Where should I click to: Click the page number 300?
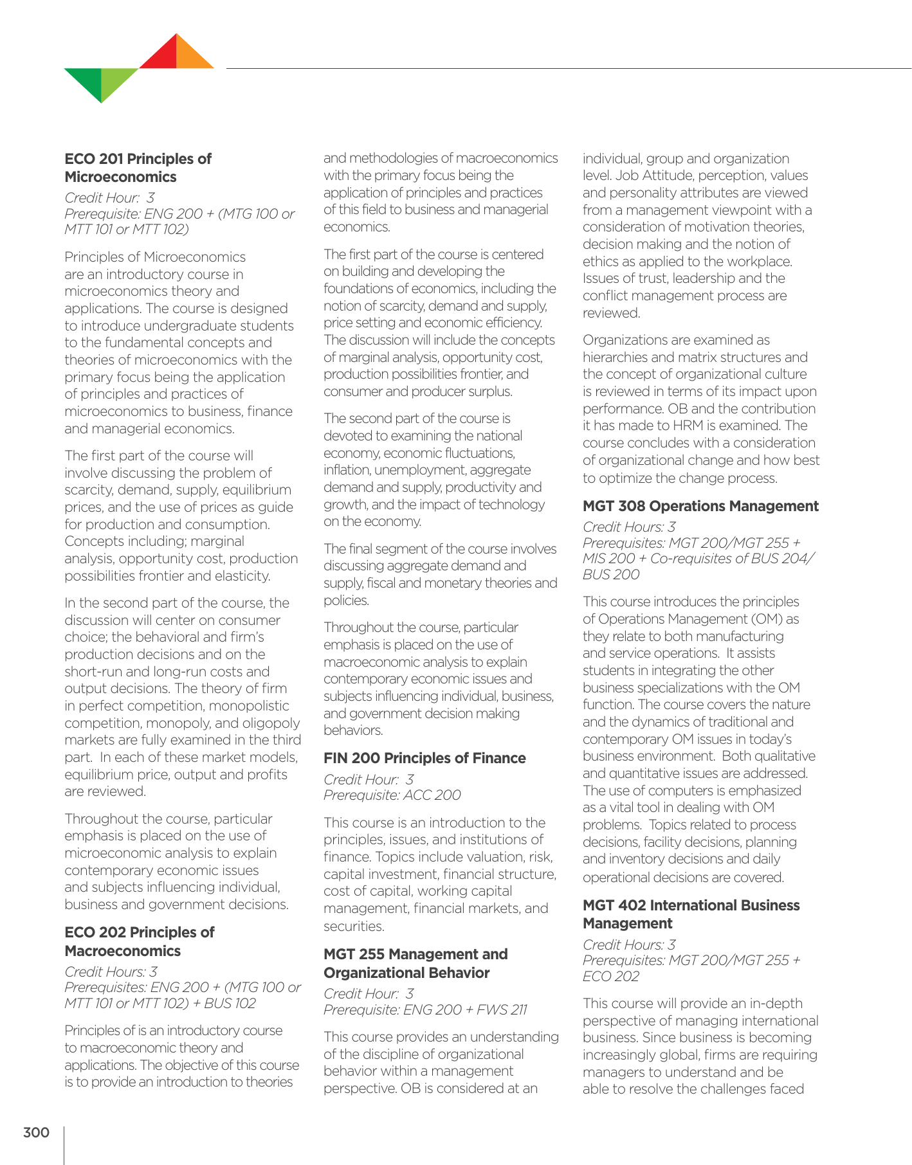(36, 1132)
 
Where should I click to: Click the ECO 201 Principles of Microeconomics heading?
(138, 168)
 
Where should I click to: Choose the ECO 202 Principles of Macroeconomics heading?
(139, 941)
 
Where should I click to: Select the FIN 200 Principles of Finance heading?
(424, 758)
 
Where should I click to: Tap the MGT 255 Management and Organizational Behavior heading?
(415, 963)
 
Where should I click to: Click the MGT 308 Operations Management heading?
(700, 506)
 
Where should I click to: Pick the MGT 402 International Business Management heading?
(691, 914)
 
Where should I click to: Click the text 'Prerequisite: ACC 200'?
(392, 795)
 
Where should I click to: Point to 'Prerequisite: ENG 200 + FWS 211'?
(425, 1009)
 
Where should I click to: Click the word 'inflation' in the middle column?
(347, 470)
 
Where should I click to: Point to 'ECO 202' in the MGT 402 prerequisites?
(611, 976)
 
